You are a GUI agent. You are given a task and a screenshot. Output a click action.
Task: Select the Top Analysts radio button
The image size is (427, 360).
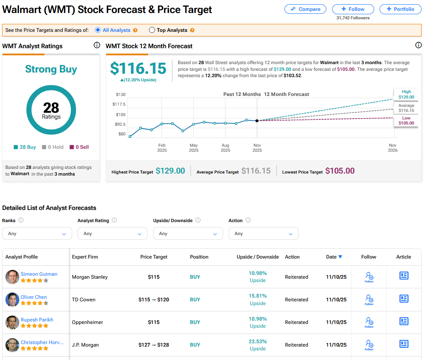(x=152, y=30)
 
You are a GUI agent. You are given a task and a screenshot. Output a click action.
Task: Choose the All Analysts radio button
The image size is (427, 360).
(x=98, y=30)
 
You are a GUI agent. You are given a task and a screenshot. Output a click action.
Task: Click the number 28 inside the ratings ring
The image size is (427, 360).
(x=51, y=108)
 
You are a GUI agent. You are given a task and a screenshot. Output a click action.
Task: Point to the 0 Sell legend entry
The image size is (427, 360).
(x=79, y=147)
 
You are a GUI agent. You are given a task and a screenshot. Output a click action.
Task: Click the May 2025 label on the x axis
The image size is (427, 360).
(x=193, y=148)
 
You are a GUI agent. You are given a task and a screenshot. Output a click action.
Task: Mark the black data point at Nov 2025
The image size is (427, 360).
(x=257, y=121)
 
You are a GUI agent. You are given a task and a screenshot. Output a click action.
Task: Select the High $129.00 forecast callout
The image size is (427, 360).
(x=406, y=94)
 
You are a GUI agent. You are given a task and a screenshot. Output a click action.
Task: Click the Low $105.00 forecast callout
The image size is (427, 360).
(x=406, y=121)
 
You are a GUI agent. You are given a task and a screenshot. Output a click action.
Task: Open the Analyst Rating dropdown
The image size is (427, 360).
(x=112, y=233)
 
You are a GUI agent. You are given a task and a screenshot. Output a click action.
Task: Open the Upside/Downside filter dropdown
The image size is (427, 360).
(x=188, y=233)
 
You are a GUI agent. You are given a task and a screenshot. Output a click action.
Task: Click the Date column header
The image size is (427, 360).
(x=334, y=257)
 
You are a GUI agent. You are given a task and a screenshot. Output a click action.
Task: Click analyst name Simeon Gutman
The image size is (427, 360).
(x=39, y=274)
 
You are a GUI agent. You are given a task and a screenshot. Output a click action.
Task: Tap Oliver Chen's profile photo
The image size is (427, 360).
(x=13, y=300)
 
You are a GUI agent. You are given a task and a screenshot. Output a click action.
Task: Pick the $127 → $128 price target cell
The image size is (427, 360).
(x=154, y=345)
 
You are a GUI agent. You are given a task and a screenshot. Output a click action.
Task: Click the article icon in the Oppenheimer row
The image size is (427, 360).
(x=404, y=321)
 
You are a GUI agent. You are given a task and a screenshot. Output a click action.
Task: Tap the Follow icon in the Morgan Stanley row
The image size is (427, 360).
(x=369, y=277)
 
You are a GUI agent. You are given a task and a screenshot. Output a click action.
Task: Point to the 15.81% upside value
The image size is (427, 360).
(x=258, y=296)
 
